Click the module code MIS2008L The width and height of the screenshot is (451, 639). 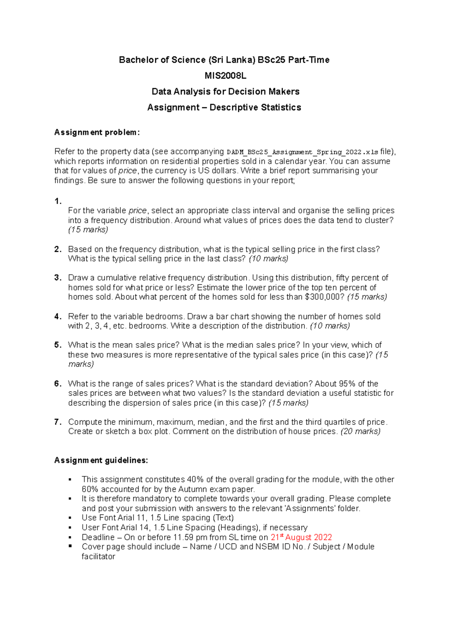(225, 76)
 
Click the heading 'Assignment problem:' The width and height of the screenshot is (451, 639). (97, 132)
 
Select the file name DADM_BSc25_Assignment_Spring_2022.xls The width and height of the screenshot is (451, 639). (303, 152)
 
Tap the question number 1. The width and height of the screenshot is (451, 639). (58, 201)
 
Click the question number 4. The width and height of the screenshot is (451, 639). (58, 316)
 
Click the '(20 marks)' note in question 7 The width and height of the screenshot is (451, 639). (360, 432)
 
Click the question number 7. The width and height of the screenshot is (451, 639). (58, 422)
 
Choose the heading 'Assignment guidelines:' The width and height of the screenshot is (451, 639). (101, 460)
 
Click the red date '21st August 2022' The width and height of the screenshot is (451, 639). (301, 537)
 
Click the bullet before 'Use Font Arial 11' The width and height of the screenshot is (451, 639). (70, 518)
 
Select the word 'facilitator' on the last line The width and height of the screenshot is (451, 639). (98, 557)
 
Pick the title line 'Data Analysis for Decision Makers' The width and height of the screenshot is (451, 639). (225, 91)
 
